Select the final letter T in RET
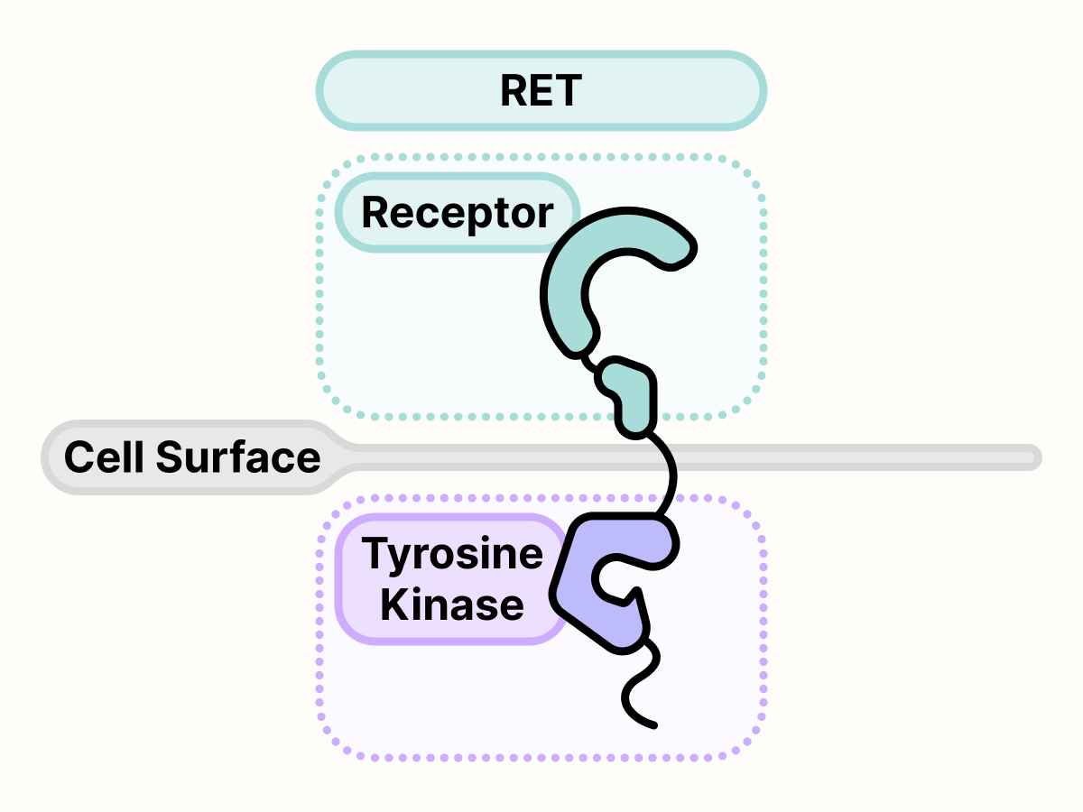tap(568, 91)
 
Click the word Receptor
tap(457, 213)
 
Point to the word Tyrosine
tap(452, 553)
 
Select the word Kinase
tap(451, 604)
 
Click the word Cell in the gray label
tap(104, 457)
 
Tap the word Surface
tap(238, 457)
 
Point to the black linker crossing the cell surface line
tap(669, 469)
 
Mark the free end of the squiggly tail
tap(653, 724)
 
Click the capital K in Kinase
tap(393, 604)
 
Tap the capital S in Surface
tap(170, 457)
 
